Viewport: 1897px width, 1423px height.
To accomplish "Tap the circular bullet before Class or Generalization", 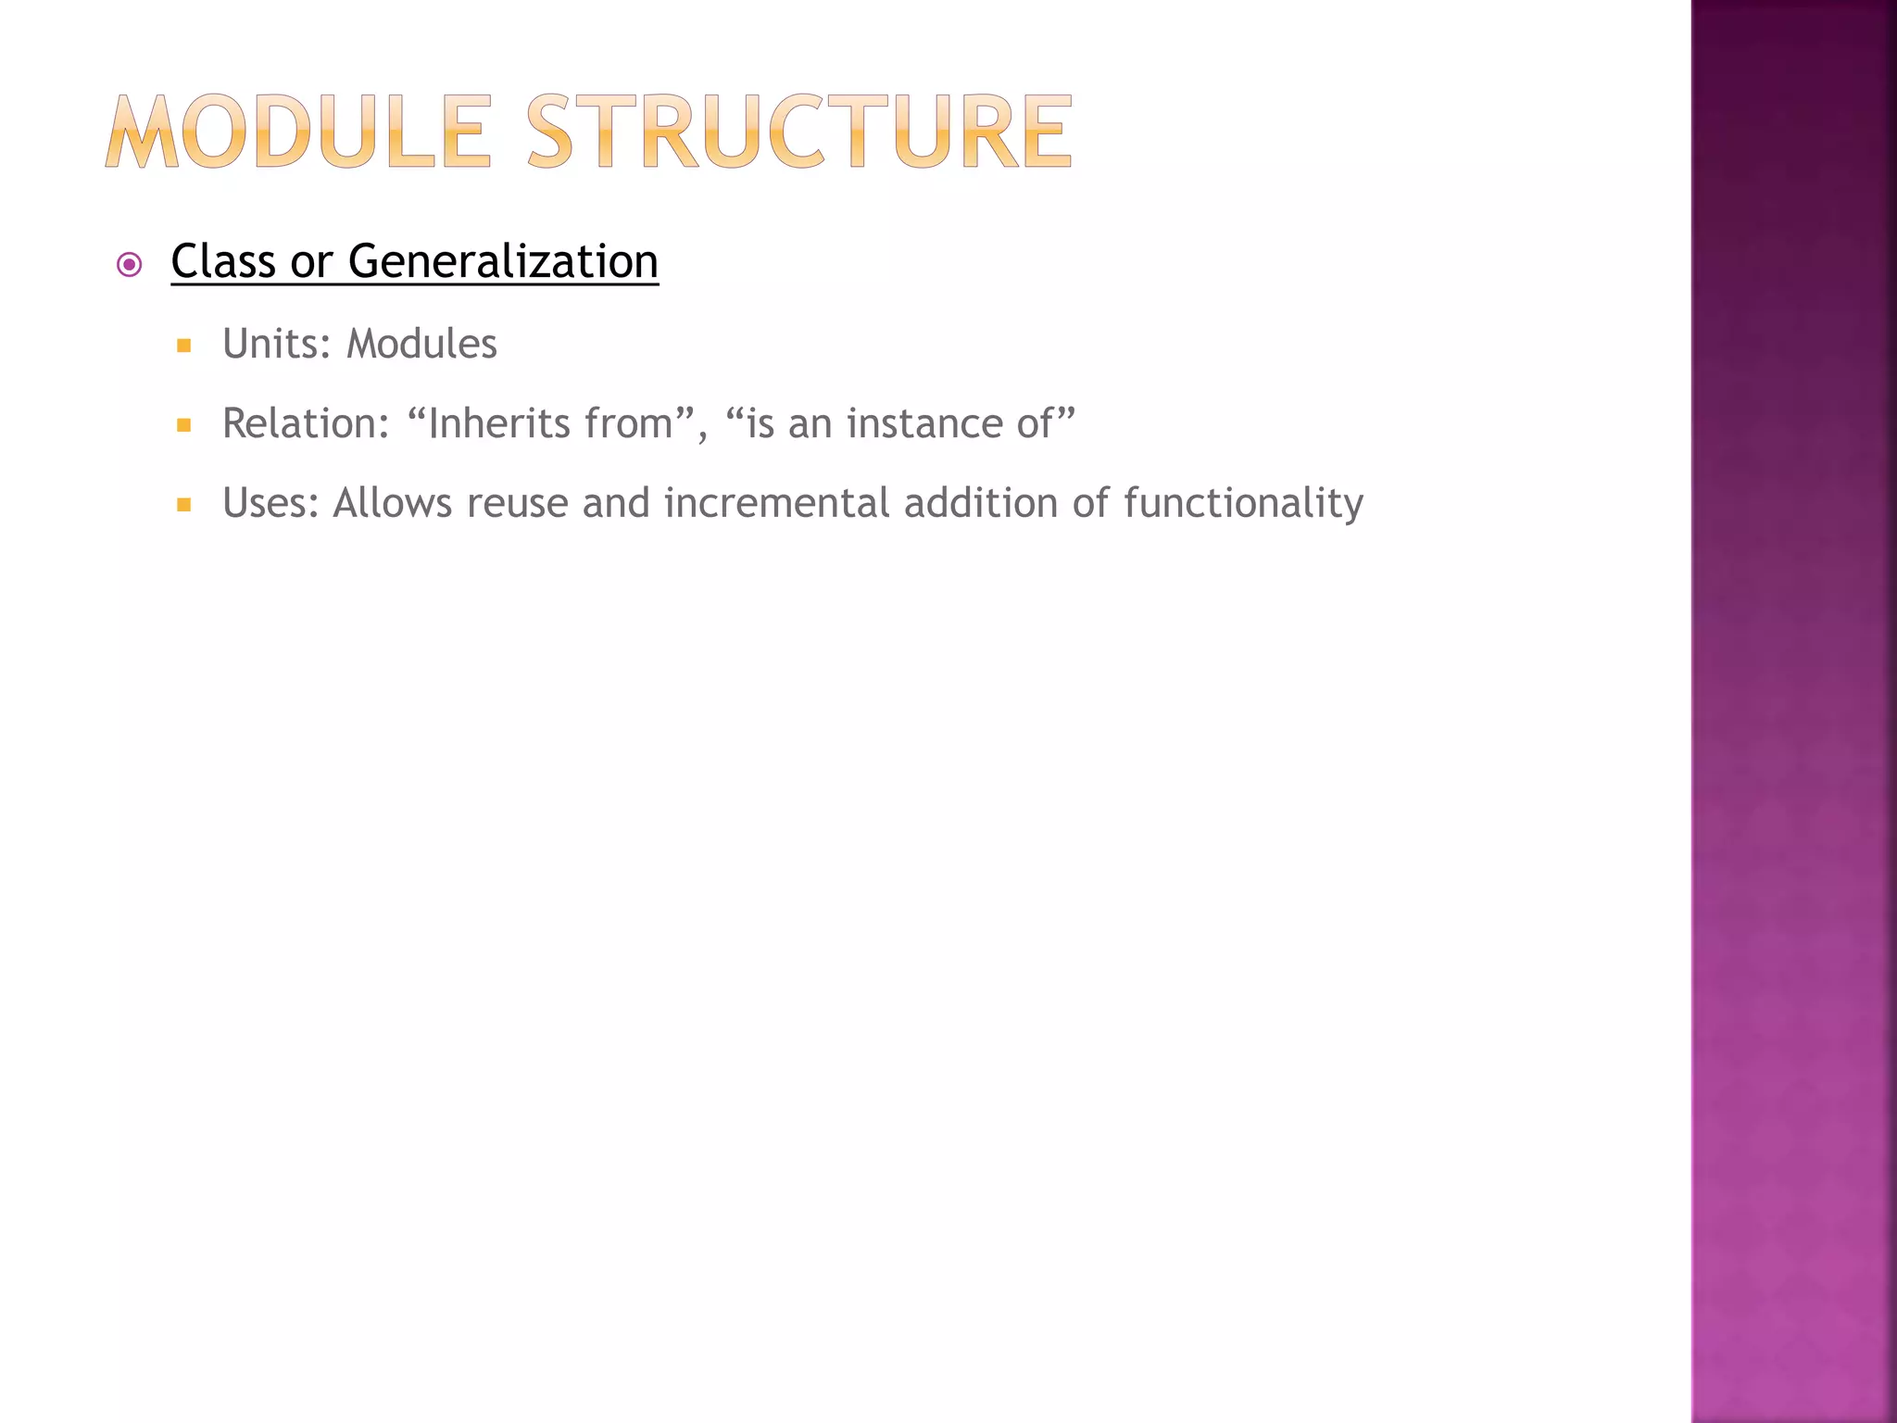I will click(130, 266).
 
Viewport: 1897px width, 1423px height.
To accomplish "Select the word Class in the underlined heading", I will click(223, 261).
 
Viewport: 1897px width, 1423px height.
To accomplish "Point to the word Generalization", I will click(503, 261).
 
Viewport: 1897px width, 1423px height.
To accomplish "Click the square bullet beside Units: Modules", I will click(183, 346).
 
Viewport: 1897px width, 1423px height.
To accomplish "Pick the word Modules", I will click(421, 344).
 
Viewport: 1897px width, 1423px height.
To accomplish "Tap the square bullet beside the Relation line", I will click(183, 426).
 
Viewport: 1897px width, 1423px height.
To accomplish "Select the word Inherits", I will click(500, 423).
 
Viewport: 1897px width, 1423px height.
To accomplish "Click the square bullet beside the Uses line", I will click(183, 506).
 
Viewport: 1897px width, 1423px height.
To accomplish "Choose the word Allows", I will click(392, 503).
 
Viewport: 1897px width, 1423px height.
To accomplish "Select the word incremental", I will click(776, 503).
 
